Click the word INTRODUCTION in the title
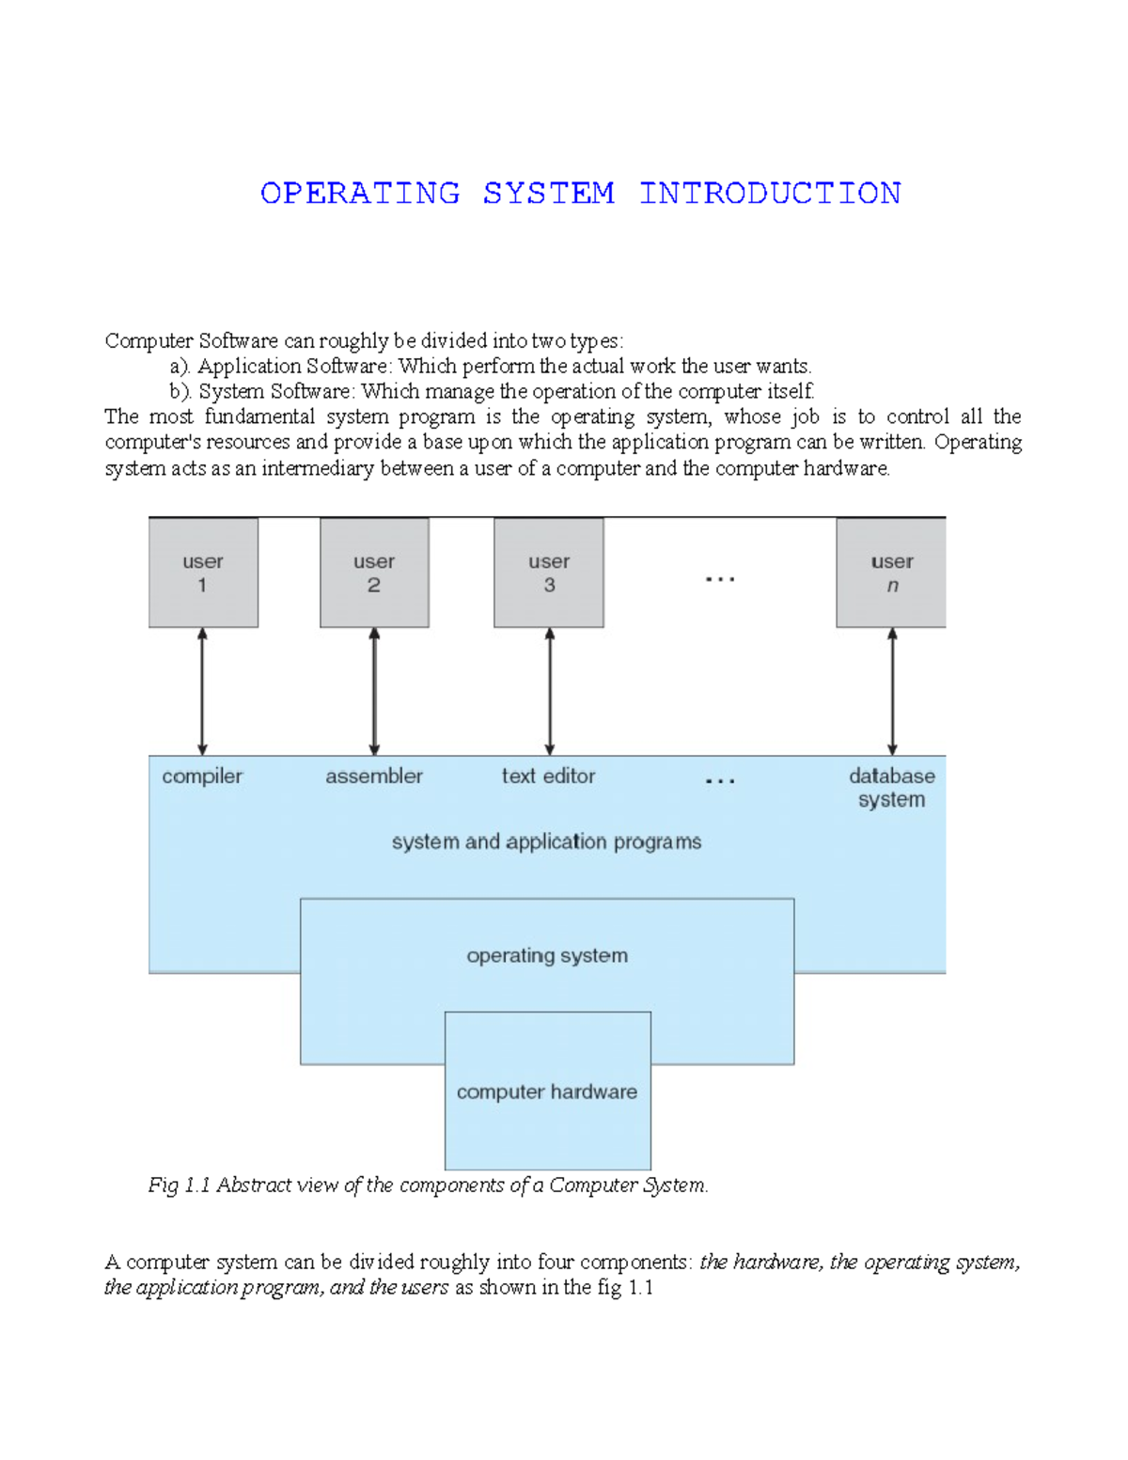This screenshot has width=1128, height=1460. pos(770,194)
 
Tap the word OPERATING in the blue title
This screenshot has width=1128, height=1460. pos(360,194)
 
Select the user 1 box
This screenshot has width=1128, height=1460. pos(203,573)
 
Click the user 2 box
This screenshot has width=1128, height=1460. pos(374,573)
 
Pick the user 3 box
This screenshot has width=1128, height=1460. pos(549,573)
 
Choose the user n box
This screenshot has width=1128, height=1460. pos(891,573)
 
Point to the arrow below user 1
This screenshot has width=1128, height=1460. pos(202,692)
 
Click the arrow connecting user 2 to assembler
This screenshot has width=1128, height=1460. pos(374,692)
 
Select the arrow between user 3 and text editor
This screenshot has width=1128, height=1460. pos(550,692)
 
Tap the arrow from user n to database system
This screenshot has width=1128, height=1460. pos(892,692)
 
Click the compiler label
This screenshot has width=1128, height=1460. pos(202,777)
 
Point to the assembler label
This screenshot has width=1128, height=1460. pos(374,777)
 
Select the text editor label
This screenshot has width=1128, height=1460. pos(548,777)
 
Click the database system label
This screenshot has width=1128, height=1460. pos(892,788)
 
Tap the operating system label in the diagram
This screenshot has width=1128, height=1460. pos(547,956)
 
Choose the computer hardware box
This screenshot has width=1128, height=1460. pos(547,1091)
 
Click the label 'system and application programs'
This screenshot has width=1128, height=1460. pos(546,842)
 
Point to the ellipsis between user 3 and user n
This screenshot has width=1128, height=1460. pos(720,579)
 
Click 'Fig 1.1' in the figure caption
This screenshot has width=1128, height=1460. pos(179,1185)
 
